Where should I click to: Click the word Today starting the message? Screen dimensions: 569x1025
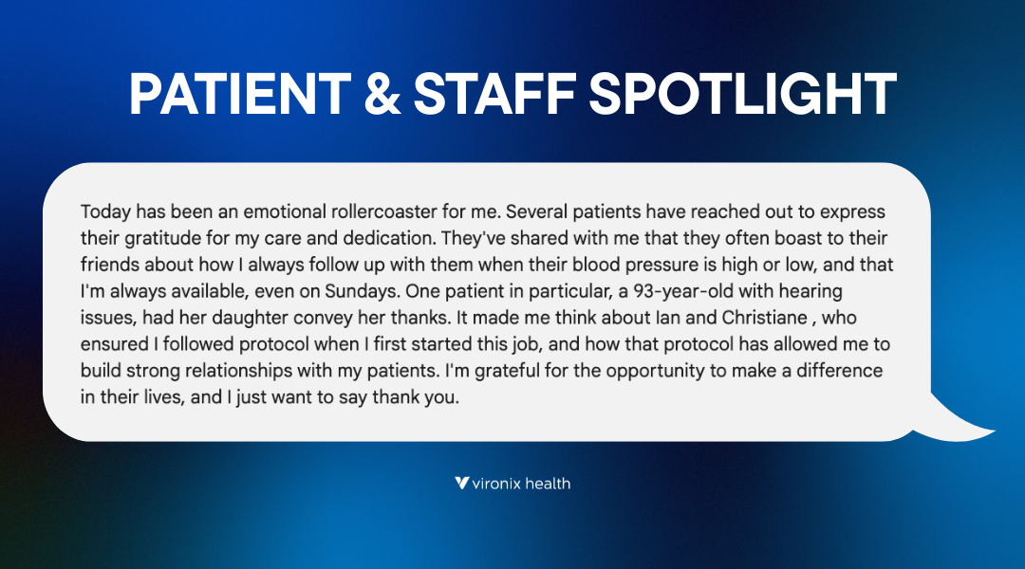click(104, 211)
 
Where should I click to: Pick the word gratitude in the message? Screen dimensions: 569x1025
click(153, 238)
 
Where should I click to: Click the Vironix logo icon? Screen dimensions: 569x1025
click(461, 483)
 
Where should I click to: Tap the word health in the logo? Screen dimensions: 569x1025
click(550, 483)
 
